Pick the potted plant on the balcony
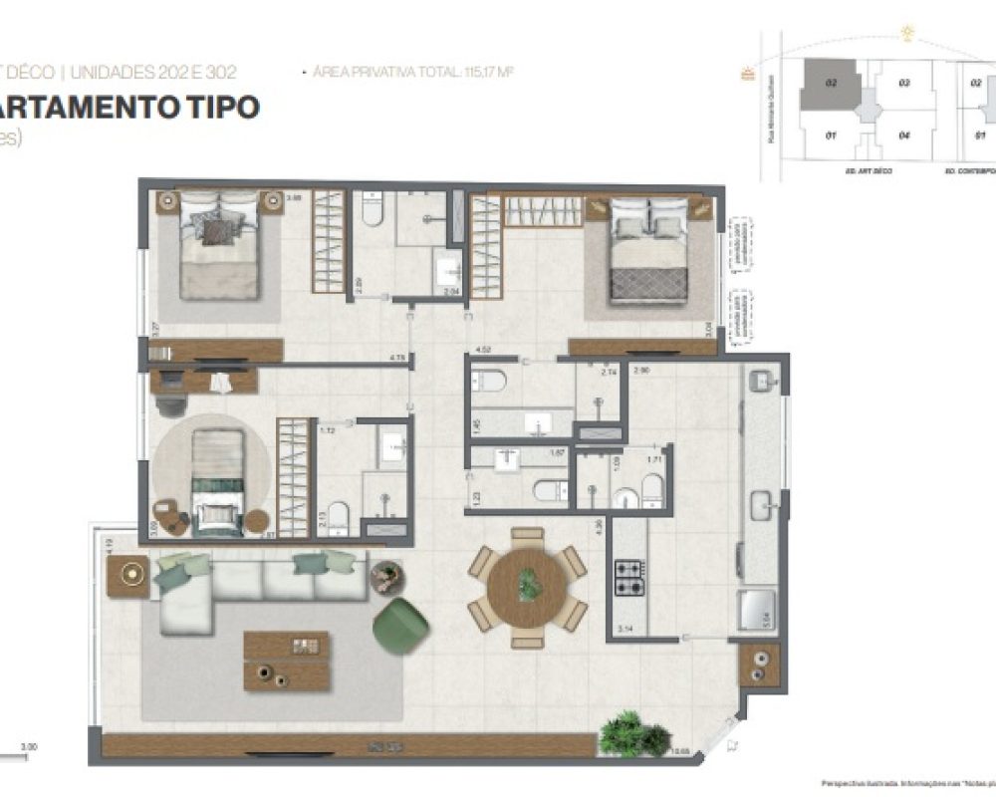click(x=635, y=734)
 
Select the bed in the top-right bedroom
click(x=648, y=249)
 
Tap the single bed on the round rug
click(x=217, y=478)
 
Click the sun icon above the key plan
click(x=907, y=32)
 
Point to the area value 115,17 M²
click(x=488, y=72)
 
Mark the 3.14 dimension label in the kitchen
click(x=625, y=630)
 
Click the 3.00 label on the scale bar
click(x=29, y=746)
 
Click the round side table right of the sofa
click(x=383, y=577)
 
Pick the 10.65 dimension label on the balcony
click(x=681, y=752)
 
